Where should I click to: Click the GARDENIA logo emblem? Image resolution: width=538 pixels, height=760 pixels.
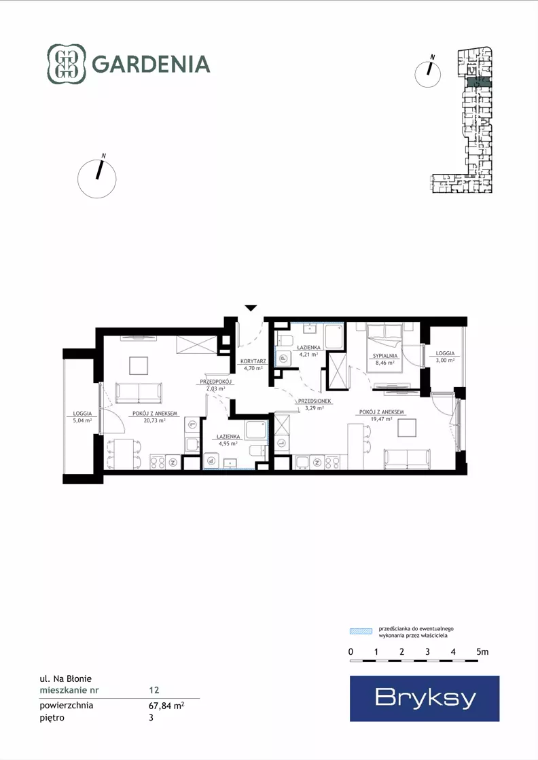coord(67,64)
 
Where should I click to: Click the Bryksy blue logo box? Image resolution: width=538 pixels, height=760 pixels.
coord(425,698)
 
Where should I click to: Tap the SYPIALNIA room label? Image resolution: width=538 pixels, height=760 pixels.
coord(385,356)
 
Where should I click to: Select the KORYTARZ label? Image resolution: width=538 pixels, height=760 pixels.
coord(253,361)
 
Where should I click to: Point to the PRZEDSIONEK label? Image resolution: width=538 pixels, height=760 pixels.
coord(315,401)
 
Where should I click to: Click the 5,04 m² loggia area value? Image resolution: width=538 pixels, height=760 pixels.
coord(82,420)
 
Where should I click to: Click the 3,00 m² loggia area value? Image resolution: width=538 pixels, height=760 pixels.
coord(445,360)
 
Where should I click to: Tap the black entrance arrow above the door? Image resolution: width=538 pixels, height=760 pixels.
coord(251,308)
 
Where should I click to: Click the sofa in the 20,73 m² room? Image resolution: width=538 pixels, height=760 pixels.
coord(139,393)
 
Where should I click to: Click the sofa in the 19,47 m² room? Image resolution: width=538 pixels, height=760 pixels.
coord(407,459)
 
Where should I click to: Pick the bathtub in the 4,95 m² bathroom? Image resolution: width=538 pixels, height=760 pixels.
coord(255,431)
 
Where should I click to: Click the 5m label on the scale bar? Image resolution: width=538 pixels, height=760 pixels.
coord(482,652)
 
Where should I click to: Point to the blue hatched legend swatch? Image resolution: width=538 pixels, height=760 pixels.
coord(361,632)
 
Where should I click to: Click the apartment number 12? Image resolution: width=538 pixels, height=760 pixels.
coord(154,690)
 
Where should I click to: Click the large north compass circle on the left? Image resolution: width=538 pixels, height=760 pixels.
coord(97,179)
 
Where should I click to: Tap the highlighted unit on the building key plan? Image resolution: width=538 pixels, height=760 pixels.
coord(479,82)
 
